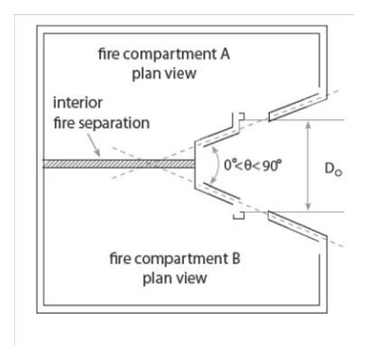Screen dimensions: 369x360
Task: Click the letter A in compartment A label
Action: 225,54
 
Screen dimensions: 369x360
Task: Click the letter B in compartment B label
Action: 236,259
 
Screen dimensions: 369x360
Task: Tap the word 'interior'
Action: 77,103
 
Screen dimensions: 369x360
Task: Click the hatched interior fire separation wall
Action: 119,163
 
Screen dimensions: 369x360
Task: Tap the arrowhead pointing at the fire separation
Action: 98,154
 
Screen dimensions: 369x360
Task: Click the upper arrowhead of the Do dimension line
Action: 309,125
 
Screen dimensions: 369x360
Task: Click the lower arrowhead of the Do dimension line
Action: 309,207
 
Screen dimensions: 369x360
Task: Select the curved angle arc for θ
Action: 219,164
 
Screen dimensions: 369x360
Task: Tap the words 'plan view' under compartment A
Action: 164,74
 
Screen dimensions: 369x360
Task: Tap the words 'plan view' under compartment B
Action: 175,279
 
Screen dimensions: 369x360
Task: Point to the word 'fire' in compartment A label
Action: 109,54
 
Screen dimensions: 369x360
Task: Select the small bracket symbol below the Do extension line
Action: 239,215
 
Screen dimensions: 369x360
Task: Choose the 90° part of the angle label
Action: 272,164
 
